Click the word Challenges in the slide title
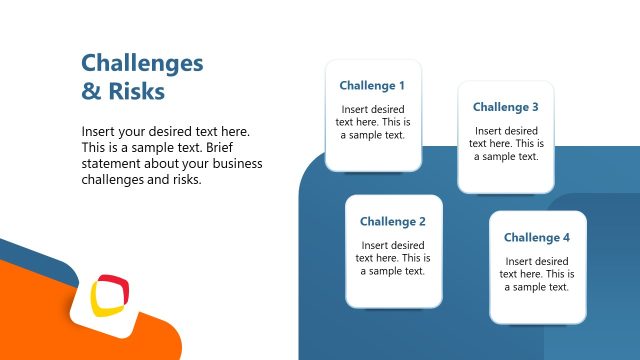pyautogui.click(x=142, y=64)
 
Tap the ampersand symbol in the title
pyautogui.click(x=90, y=92)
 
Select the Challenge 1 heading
pyautogui.click(x=372, y=86)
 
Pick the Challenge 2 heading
pyautogui.click(x=393, y=222)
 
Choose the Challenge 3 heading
pyautogui.click(x=506, y=107)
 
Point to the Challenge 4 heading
pyautogui.click(x=537, y=238)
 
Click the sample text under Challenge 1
pyautogui.click(x=373, y=123)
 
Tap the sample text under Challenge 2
pyautogui.click(x=393, y=258)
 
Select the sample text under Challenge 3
pyautogui.click(x=506, y=144)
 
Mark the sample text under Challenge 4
pyautogui.click(x=537, y=274)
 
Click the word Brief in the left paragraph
pyautogui.click(x=235, y=148)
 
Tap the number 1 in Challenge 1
pyautogui.click(x=402, y=86)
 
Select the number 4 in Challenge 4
pyautogui.click(x=566, y=238)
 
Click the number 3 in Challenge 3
pyautogui.click(x=535, y=107)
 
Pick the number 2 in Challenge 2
pyautogui.click(x=422, y=222)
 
